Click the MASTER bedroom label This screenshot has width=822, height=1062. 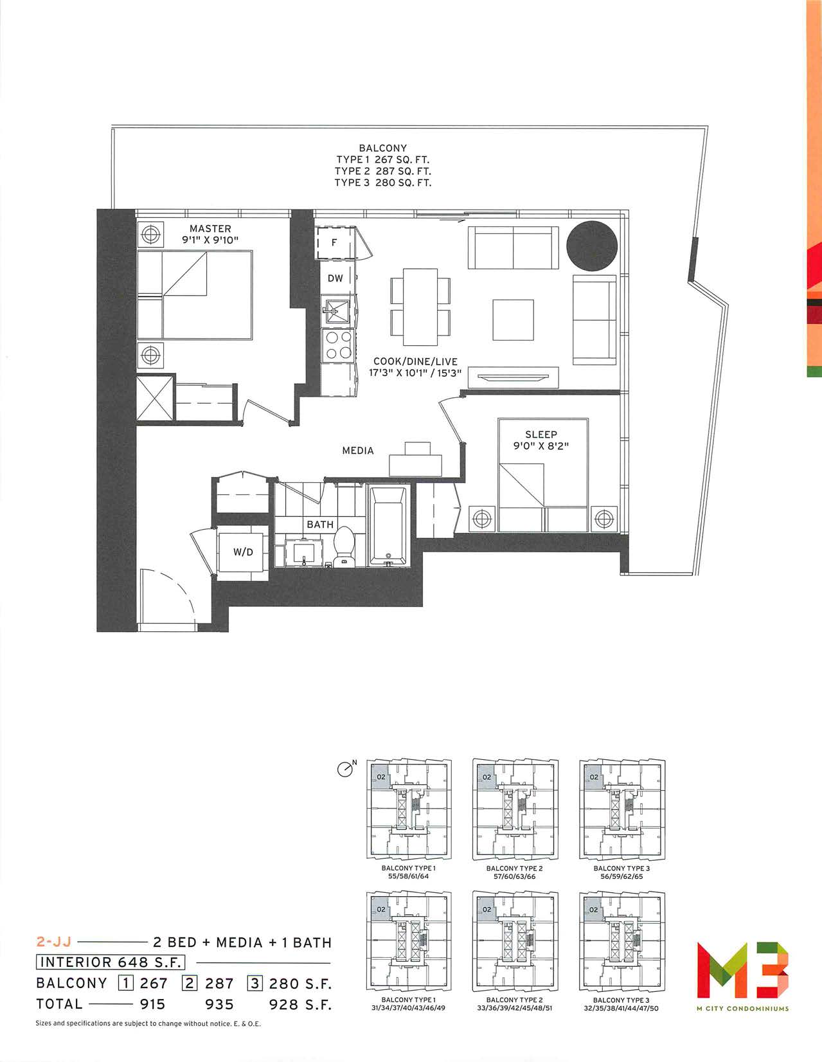click(210, 228)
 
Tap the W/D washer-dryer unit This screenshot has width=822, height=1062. click(243, 552)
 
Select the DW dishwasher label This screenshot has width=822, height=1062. click(335, 278)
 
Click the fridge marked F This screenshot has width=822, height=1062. click(334, 242)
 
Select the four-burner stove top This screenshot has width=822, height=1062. click(338, 345)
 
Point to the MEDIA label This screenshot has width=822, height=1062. click(357, 451)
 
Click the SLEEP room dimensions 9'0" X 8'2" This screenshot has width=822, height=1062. click(541, 446)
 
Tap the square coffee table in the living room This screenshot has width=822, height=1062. click(514, 320)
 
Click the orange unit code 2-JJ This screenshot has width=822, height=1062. click(54, 941)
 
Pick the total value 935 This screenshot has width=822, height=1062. click(219, 1004)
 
